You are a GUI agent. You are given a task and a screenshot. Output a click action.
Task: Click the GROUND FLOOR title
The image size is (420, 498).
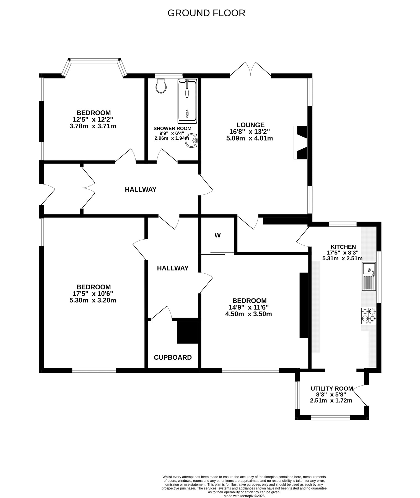[206, 13]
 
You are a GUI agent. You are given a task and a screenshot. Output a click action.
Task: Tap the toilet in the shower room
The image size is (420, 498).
[161, 85]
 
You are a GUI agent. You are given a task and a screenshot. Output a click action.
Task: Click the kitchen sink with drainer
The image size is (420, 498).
[369, 276]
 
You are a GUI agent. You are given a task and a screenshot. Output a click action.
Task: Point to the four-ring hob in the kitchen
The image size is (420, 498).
[369, 316]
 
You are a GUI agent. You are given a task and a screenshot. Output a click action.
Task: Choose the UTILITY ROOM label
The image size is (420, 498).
[332, 388]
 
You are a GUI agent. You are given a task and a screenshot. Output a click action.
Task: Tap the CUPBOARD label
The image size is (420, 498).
[173, 357]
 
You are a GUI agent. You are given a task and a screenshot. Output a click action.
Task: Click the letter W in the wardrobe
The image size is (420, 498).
[218, 235]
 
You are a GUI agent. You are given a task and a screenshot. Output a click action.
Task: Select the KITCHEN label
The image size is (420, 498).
[343, 247]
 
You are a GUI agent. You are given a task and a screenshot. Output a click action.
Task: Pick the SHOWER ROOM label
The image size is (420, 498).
[172, 128]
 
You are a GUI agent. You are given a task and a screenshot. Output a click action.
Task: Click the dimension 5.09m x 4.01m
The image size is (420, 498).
[250, 138]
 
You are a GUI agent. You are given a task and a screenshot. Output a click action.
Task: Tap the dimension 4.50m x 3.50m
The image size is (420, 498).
[248, 314]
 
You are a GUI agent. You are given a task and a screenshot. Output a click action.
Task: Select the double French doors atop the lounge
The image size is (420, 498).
[250, 69]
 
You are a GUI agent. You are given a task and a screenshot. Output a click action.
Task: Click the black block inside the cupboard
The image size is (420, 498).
[187, 332]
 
